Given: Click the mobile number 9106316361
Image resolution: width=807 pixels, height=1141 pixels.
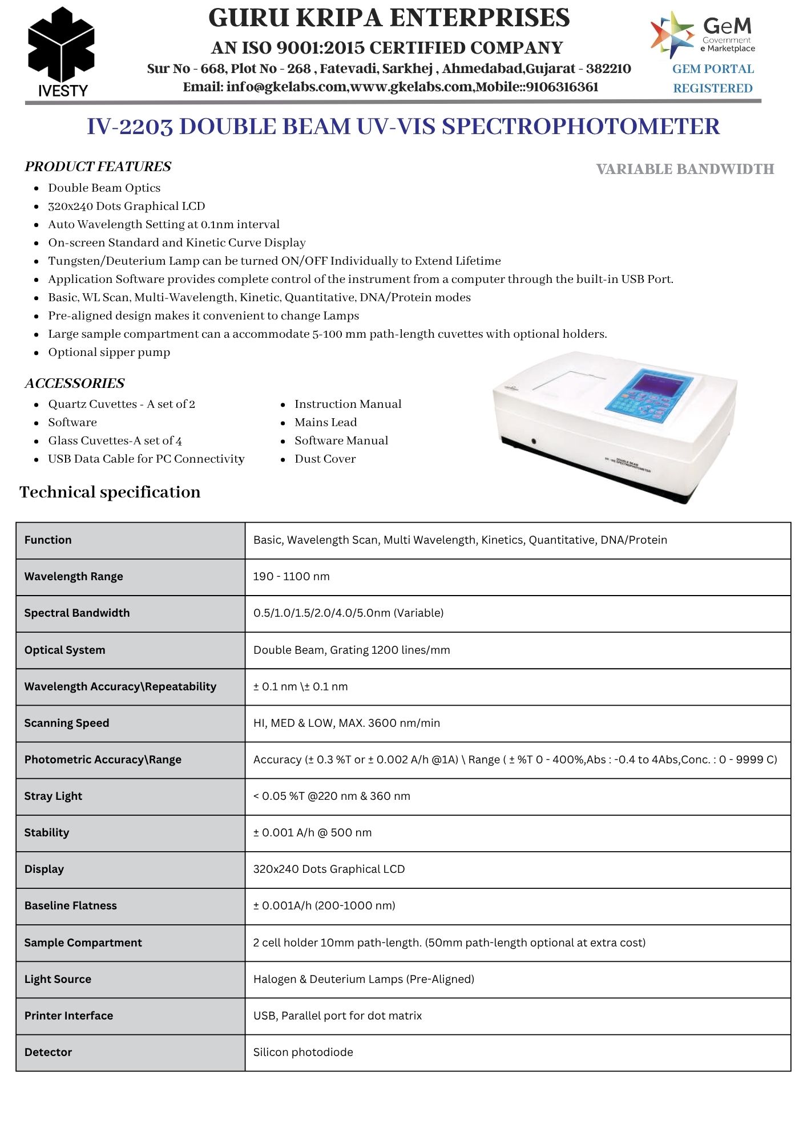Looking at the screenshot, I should tap(562, 87).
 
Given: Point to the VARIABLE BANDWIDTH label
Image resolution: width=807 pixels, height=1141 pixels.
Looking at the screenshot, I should tap(685, 169).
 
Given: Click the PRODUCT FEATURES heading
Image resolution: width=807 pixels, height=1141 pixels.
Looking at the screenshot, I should tap(98, 167).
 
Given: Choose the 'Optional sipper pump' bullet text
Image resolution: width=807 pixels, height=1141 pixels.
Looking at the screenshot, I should tap(109, 353).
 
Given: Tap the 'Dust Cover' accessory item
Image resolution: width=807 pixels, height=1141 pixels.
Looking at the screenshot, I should tap(325, 459).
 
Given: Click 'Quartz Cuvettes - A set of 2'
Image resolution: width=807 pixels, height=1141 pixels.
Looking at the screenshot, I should tap(122, 404).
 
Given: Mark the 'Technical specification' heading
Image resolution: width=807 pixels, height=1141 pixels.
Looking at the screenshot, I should tap(110, 492).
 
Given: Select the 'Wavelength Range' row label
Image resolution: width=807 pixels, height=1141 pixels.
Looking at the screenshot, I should tap(74, 577).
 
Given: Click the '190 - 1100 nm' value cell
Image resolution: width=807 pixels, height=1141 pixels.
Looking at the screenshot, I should tap(291, 577).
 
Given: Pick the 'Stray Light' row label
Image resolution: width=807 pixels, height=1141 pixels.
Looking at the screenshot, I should tap(53, 796).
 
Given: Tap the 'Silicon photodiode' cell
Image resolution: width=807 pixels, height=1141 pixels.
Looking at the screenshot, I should tap(303, 1053).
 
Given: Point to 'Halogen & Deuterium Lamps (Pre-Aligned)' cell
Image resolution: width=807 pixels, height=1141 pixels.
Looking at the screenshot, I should tap(364, 980).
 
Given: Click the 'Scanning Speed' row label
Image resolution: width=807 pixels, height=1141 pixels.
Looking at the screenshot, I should tap(67, 723).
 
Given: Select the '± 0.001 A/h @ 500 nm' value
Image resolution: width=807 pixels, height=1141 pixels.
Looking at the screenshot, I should tap(312, 833).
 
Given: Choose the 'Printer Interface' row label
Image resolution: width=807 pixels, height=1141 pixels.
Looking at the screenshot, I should tap(68, 1016).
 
